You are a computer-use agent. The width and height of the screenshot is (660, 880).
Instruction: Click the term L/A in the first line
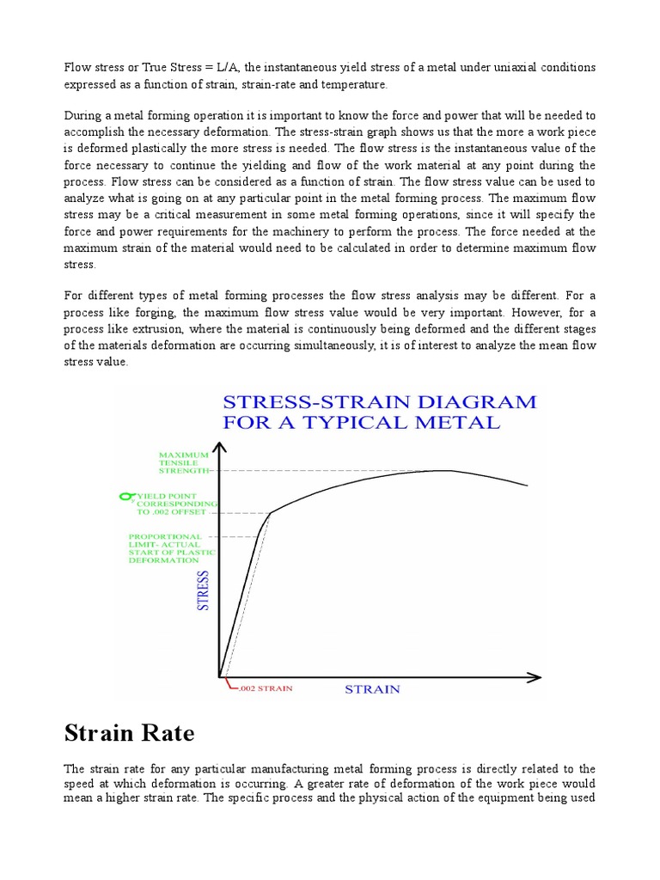tap(229, 68)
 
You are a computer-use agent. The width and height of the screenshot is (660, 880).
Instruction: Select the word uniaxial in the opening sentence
tap(518, 68)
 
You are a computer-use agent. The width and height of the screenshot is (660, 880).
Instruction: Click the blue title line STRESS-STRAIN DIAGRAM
tap(379, 401)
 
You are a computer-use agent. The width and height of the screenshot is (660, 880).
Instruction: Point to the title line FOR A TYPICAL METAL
tap(361, 422)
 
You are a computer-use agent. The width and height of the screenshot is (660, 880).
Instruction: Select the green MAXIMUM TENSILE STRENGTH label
tap(184, 462)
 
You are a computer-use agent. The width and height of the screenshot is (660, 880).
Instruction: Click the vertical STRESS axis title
tap(204, 590)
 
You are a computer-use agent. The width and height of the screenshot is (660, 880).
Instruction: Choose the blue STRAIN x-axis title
tap(372, 689)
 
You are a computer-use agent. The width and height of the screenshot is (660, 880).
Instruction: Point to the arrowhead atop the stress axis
tap(221, 448)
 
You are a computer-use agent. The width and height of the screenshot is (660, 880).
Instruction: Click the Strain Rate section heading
tap(130, 733)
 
